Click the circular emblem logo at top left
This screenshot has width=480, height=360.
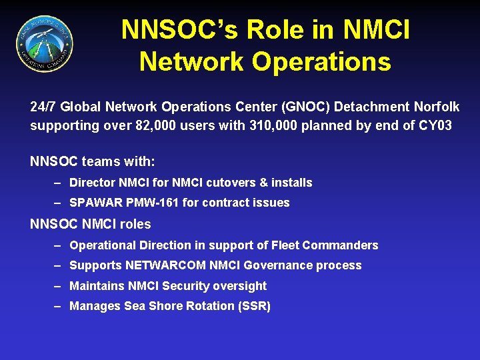coord(45,45)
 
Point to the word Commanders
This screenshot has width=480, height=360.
coord(339,245)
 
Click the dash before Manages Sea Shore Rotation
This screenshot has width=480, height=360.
coord(59,307)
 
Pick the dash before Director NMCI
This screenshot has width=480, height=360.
coord(59,183)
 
